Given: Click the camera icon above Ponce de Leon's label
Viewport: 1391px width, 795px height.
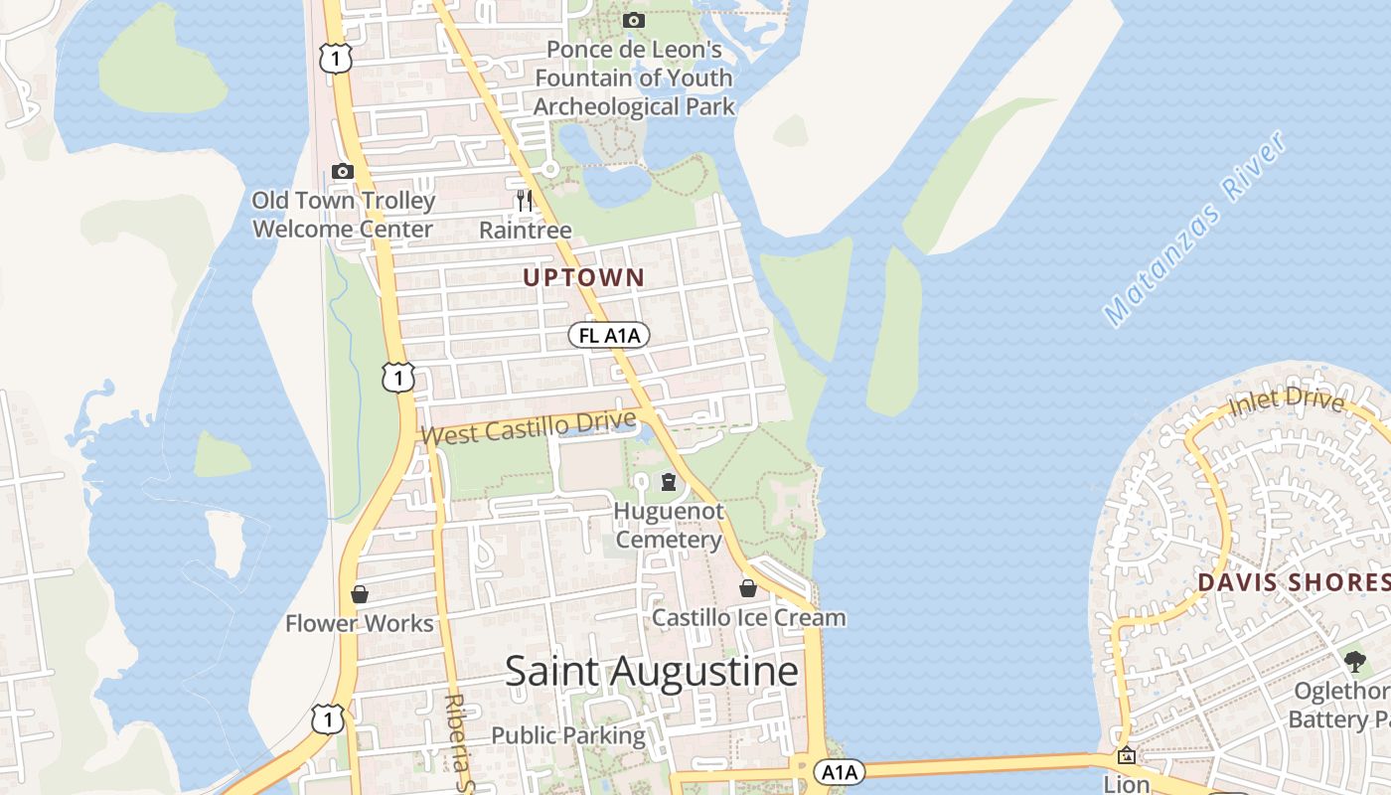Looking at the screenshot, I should tap(633, 20).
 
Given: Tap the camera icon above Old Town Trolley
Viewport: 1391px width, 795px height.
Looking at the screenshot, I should tap(343, 171).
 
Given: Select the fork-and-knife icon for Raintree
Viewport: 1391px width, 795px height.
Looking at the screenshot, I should tap(525, 201).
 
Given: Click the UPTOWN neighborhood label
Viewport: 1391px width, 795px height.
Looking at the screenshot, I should tap(584, 278).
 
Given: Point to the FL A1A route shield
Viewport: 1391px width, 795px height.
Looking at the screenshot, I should tap(609, 336).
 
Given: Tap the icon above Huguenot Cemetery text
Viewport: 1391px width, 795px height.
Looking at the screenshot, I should tap(669, 482).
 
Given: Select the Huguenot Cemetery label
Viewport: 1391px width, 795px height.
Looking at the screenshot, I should tap(669, 526).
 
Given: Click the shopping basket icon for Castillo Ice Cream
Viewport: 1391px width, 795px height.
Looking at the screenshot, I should tap(748, 588).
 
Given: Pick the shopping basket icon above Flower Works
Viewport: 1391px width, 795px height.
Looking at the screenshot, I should tap(360, 594).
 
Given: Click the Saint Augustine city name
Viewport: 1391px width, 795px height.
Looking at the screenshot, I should tap(652, 672).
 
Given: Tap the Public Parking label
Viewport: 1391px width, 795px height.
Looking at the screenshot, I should tap(568, 736).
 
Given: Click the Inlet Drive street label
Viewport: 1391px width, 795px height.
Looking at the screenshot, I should tap(1286, 401).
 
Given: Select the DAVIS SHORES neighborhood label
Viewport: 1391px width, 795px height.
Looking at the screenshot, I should tap(1292, 582).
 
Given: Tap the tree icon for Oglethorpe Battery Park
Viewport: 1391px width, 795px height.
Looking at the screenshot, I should tap(1354, 661).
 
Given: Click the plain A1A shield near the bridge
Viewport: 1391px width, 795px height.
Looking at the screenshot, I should tap(840, 771).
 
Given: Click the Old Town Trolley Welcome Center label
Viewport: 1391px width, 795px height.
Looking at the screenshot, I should tap(343, 215).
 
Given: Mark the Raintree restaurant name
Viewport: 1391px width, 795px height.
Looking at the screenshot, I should tap(525, 231).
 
